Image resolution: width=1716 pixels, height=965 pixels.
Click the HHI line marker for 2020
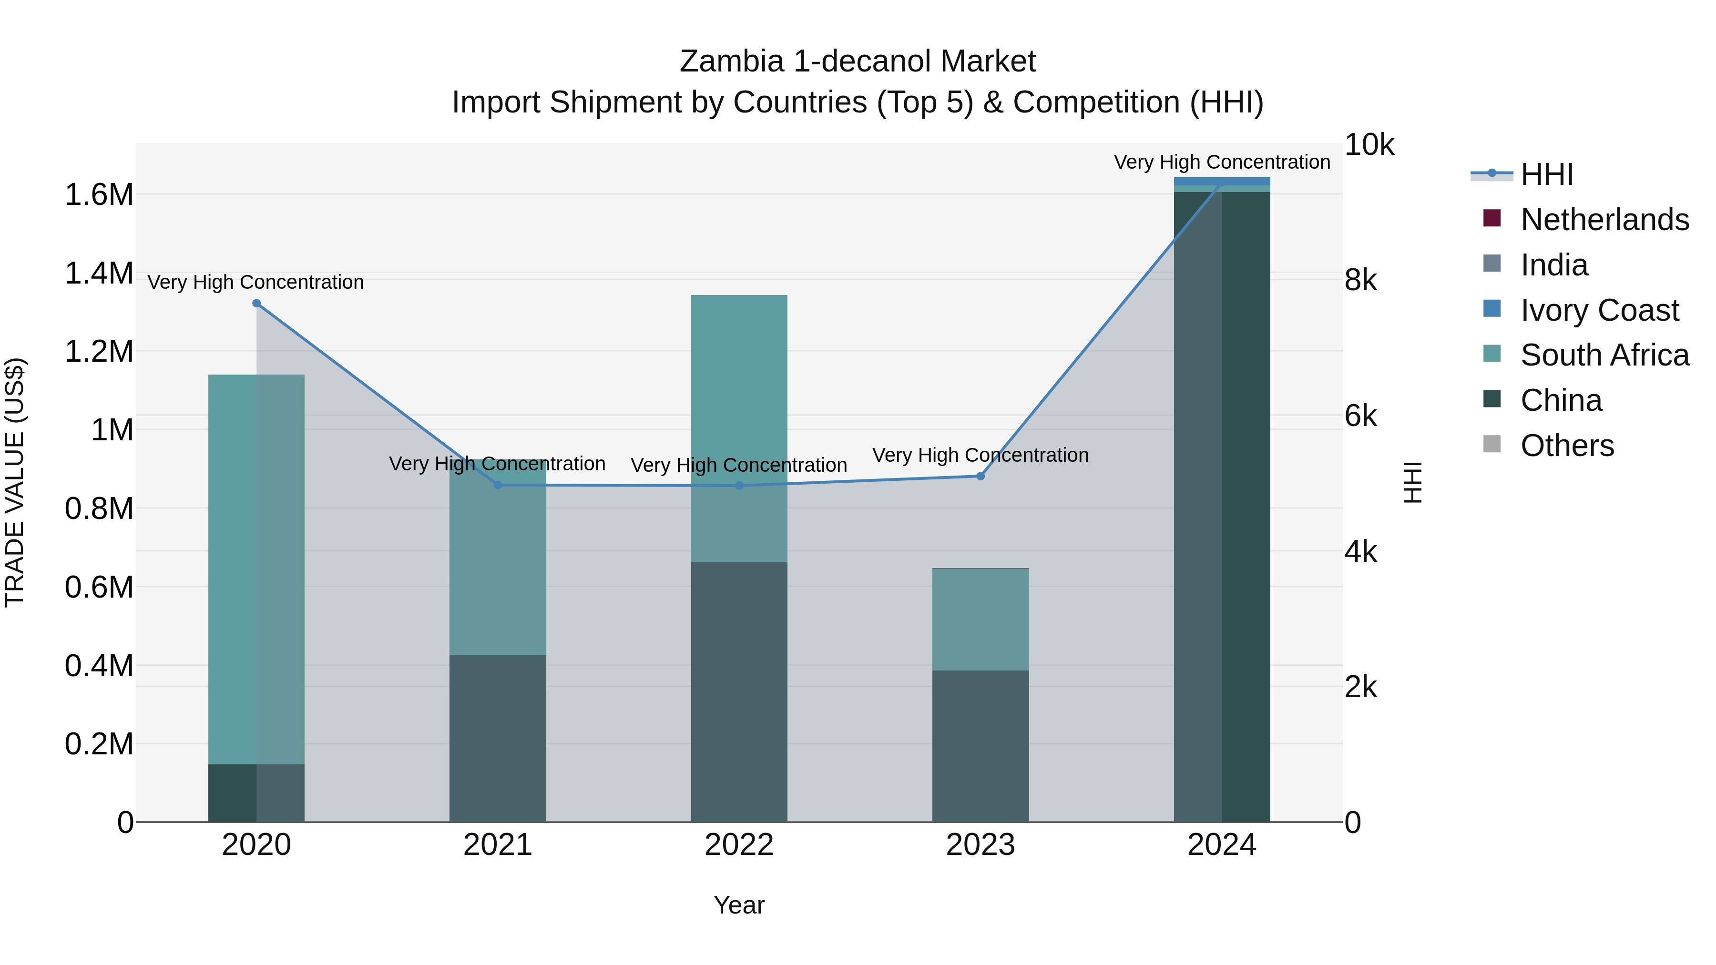pos(256,304)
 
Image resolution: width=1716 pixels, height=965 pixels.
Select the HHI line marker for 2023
pos(980,476)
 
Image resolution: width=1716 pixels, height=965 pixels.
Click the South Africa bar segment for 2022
pos(739,428)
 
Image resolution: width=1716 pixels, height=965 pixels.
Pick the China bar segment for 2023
pos(980,746)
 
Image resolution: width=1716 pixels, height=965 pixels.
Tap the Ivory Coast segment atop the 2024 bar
pos(1222,181)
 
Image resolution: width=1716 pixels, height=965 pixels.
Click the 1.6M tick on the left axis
pos(99,195)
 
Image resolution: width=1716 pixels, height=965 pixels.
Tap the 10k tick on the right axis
pos(1369,145)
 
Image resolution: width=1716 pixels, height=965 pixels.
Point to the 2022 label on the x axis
pos(739,845)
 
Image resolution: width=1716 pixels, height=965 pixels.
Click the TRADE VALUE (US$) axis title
pos(15,482)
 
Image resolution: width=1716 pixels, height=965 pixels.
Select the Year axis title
pos(739,905)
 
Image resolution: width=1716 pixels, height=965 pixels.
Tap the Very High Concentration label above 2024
pos(1222,162)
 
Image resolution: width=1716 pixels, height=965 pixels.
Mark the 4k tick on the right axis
pos(1360,552)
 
